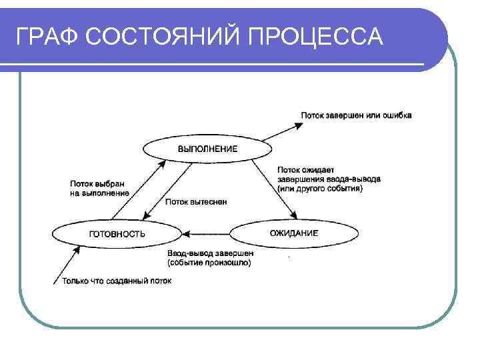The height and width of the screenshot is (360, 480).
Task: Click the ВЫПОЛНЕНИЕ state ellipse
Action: [x=207, y=149]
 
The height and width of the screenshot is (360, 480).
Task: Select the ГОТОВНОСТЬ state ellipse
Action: [x=117, y=233]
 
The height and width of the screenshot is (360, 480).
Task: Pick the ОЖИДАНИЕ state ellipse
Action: [x=294, y=233]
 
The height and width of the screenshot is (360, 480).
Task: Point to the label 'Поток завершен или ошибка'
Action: [x=356, y=115]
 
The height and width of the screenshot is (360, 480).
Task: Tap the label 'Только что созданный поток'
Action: [x=117, y=281]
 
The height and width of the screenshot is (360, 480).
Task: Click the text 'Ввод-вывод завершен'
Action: [x=210, y=253]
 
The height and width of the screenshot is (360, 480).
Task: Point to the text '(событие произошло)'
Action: [x=209, y=263]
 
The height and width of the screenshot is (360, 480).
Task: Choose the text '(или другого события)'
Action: [x=320, y=189]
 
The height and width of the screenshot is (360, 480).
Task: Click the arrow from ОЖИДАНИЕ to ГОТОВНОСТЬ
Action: [x=206, y=233]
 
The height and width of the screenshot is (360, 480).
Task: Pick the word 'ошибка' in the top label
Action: [x=398, y=115]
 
